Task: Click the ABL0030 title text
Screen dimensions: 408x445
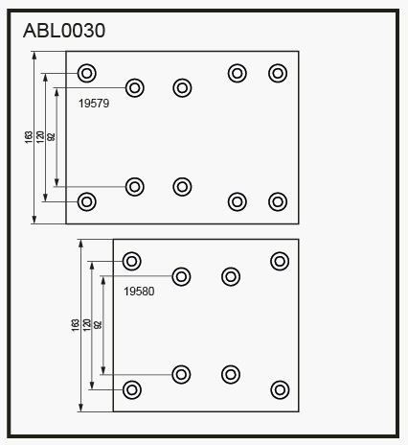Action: [x=64, y=31]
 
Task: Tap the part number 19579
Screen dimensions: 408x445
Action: [x=94, y=104]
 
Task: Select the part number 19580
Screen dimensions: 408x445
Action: [x=139, y=292]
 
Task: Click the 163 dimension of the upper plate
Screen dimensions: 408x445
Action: [x=29, y=137]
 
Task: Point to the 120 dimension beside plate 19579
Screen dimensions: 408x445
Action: [x=40, y=137]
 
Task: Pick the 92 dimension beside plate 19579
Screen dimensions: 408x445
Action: [x=51, y=137]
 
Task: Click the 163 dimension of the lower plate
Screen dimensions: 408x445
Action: [x=75, y=325]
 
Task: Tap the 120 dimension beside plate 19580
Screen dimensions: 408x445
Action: [x=86, y=325]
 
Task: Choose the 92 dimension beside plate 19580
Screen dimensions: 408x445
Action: [x=98, y=325]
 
